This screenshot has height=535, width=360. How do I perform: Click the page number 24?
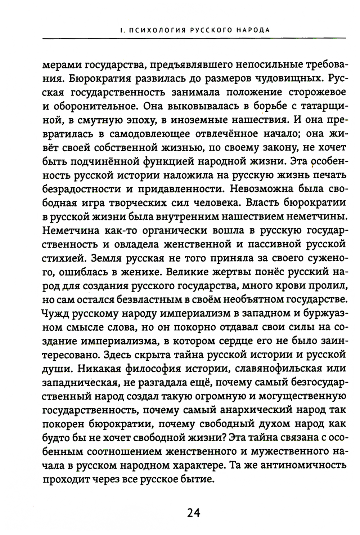(x=193, y=513)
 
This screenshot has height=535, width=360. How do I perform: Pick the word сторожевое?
(x=317, y=92)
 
